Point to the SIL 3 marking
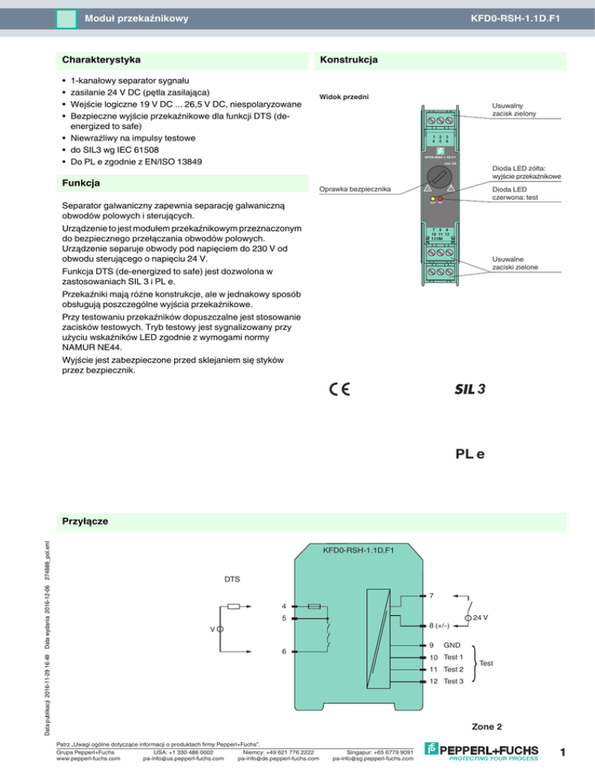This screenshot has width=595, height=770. click(469, 389)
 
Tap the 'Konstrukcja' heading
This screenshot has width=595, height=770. click(349, 60)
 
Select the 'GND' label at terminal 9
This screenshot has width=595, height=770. click(452, 645)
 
